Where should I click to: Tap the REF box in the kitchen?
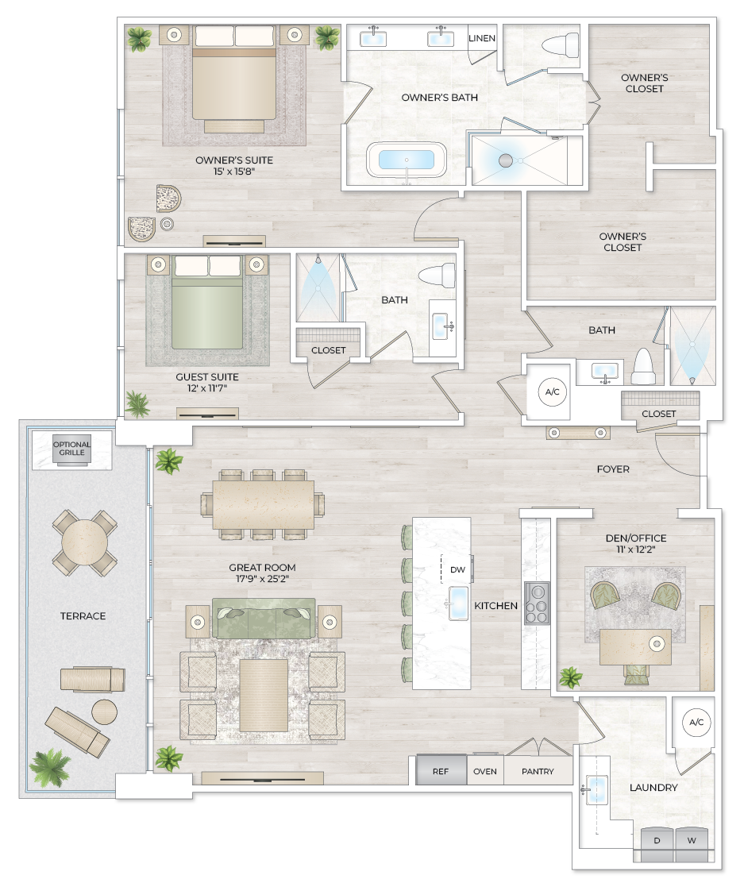coord(441,771)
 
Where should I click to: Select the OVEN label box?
coord(484,771)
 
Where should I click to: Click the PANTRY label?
coord(538,771)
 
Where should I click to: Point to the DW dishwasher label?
coord(457,569)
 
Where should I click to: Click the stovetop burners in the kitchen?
coord(538,604)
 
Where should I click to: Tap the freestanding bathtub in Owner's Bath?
coord(407,160)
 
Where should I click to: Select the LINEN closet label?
coord(482,38)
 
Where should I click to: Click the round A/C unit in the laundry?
coord(696,723)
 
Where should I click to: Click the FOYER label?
coord(613,469)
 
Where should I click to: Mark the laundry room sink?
coord(595,790)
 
